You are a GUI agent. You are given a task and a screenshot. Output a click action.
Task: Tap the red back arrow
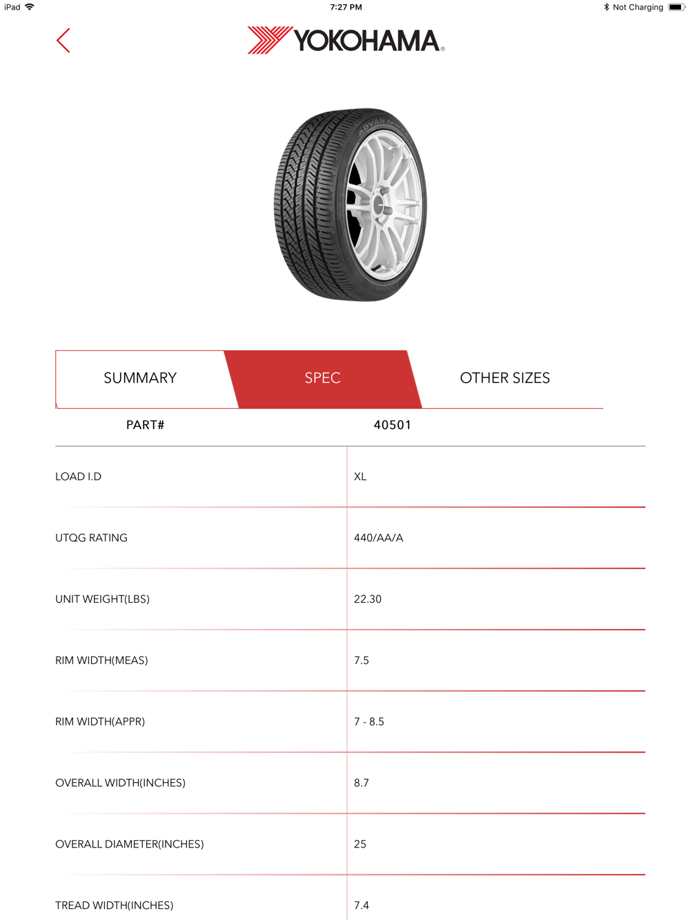click(x=63, y=41)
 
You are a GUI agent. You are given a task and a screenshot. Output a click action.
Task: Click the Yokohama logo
click(x=346, y=41)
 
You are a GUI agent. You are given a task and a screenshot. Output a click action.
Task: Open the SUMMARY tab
click(x=140, y=378)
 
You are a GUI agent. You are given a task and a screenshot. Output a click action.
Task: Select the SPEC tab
click(x=323, y=378)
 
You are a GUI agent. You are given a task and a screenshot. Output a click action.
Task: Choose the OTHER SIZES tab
click(x=505, y=378)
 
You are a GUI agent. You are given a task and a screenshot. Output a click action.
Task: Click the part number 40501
click(x=392, y=425)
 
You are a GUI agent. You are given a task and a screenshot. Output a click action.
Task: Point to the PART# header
click(x=145, y=425)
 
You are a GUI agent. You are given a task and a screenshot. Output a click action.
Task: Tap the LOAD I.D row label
click(x=79, y=477)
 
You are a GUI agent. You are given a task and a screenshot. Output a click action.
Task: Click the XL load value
click(x=360, y=477)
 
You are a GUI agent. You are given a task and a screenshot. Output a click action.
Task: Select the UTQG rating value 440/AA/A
click(x=378, y=538)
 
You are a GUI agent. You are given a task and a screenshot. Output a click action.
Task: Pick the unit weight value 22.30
click(x=368, y=599)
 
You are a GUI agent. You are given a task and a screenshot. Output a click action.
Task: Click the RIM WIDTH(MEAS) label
click(x=101, y=661)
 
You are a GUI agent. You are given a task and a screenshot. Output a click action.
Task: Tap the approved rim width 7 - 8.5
click(x=369, y=721)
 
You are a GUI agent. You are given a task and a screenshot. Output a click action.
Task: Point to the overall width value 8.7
click(x=362, y=783)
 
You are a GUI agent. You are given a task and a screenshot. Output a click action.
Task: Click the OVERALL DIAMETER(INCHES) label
click(x=130, y=844)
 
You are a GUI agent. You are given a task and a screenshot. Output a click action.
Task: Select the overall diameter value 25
click(x=360, y=844)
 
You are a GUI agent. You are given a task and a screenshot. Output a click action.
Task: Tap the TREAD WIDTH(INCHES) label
click(x=115, y=906)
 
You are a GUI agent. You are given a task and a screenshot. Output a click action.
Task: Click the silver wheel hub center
click(x=379, y=205)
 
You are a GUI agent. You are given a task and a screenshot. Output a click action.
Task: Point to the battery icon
click(x=676, y=7)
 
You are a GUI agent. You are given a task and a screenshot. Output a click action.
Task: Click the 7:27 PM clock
click(x=346, y=7)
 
